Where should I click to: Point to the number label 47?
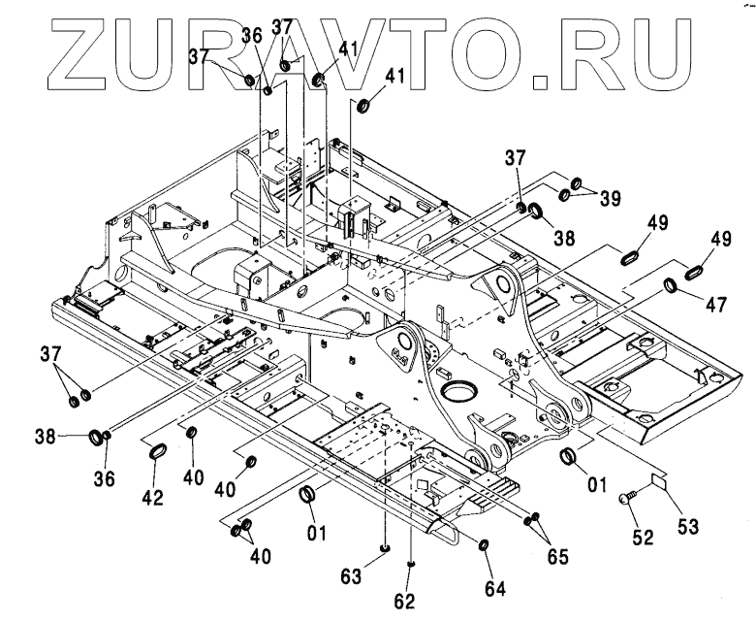pos(716,304)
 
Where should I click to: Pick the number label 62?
pos(404,602)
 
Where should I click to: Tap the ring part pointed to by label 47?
pos(670,285)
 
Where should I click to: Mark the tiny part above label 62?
pos(413,564)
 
